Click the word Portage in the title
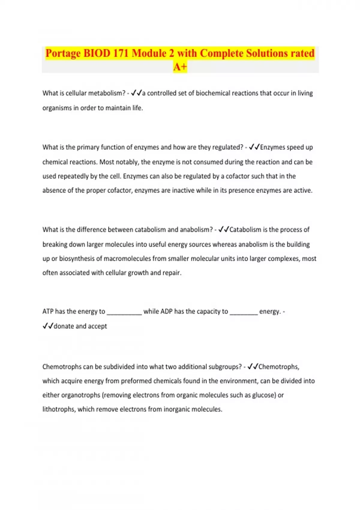[x=63, y=53]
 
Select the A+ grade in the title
[x=180, y=67]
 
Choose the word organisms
[x=57, y=108]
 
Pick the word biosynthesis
[x=76, y=259]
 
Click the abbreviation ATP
[x=48, y=311]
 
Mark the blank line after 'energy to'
[x=124, y=313]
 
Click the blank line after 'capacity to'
[x=244, y=313]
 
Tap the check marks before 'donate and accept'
[x=48, y=326]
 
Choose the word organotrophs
[x=81, y=395]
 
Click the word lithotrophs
[x=58, y=409]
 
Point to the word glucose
[x=264, y=395]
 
